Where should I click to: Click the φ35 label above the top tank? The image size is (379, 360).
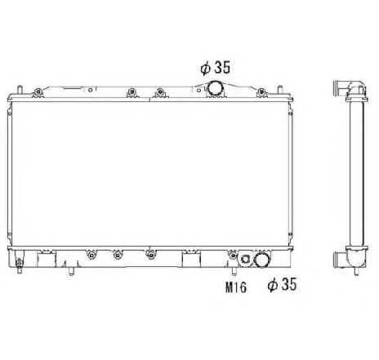point(215,68)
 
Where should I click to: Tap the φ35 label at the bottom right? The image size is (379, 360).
point(280,285)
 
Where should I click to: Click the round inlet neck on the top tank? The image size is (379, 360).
point(216,89)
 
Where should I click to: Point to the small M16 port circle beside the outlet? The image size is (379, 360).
point(243,262)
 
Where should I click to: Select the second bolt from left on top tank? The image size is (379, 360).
point(131,91)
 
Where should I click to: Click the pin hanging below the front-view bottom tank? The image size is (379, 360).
point(74,271)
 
